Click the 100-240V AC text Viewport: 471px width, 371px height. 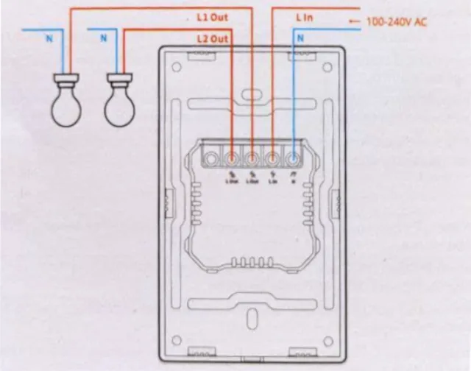point(397,22)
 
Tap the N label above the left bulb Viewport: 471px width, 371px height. point(49,37)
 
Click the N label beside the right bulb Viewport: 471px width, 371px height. point(104,37)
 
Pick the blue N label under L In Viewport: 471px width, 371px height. point(300,37)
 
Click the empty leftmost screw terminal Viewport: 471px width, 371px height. point(211,157)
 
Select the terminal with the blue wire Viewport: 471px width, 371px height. point(294,157)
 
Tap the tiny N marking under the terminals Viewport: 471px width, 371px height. point(294,180)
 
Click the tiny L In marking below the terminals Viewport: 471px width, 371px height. point(273,180)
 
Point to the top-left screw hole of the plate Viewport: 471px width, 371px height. point(177,68)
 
